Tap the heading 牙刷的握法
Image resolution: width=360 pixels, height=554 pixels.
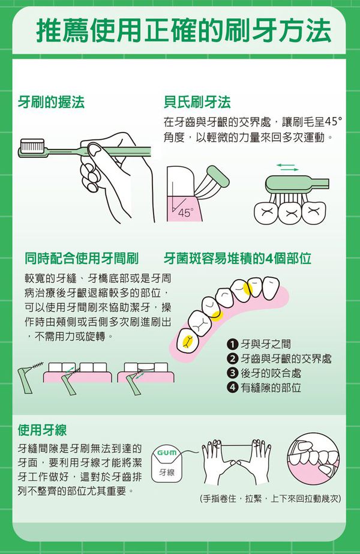click(x=51, y=102)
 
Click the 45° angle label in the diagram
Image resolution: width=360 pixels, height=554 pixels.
click(x=185, y=212)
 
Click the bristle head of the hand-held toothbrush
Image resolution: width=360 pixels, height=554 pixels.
click(x=35, y=145)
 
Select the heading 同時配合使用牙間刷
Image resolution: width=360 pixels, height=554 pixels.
click(x=82, y=259)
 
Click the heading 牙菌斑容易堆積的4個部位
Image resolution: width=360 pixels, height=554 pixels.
click(x=238, y=259)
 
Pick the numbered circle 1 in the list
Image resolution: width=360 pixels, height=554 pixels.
click(x=232, y=345)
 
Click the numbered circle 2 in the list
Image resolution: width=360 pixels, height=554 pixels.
click(x=232, y=359)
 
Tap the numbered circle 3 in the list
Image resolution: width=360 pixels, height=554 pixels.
click(x=232, y=373)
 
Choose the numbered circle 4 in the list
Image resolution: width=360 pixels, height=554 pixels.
click(x=232, y=388)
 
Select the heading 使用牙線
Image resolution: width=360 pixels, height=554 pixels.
click(x=42, y=430)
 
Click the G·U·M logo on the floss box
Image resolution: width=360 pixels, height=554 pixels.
click(x=166, y=451)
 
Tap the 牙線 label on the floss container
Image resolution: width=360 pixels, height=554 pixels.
click(x=167, y=474)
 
